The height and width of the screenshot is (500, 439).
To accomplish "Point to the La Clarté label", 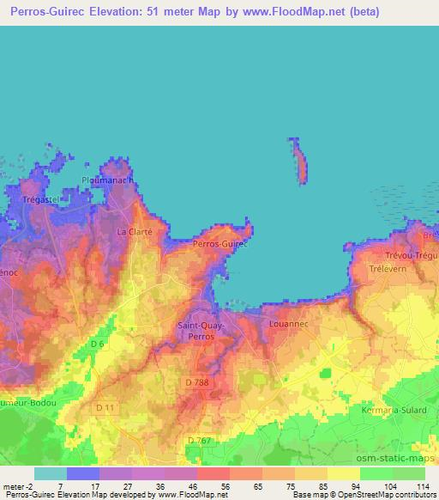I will tap(135, 232).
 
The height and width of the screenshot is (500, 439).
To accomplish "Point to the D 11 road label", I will tap(105, 406).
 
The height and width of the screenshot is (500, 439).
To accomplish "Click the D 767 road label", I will tap(198, 441).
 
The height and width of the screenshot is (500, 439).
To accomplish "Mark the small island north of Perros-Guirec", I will tap(299, 158).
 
